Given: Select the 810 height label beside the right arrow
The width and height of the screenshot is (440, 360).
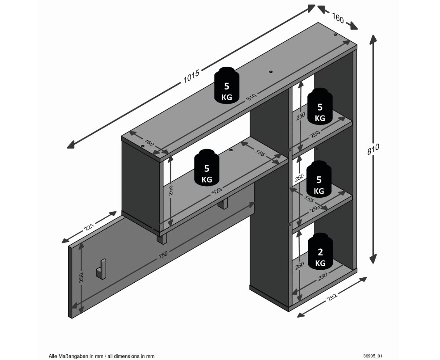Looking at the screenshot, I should coord(373,149).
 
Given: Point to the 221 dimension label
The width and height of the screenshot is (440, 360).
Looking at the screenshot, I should coord(89,227).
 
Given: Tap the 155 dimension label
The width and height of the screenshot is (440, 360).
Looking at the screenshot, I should coord(309,200).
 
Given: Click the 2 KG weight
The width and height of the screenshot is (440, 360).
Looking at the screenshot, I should coord(320,251).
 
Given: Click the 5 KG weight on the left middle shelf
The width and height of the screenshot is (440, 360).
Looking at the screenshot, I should coord(207,167).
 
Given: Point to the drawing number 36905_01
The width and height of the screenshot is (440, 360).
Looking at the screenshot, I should coord(372,356).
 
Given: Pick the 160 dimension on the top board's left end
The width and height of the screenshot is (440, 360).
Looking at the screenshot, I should coord(149,143).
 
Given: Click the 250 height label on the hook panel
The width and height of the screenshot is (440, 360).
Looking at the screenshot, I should coord(82,277).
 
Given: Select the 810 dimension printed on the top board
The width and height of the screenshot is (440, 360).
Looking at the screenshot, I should coord(251,97).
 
